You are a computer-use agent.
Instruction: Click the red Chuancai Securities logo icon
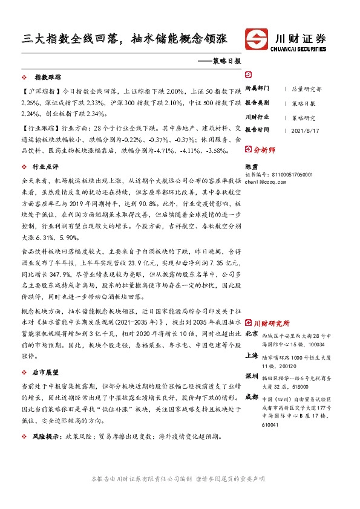coord(257,40)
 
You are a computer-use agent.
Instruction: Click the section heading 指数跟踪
coord(48,78)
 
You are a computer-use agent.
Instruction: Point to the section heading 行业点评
coord(45,166)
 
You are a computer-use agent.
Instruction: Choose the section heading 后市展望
coord(45,372)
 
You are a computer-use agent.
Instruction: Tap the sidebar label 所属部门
coord(258,88)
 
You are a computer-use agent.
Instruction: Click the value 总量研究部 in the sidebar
coord(307,89)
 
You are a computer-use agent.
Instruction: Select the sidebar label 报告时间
coord(258,129)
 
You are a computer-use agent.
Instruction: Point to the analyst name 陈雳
coord(251,165)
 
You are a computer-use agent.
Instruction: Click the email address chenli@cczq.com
coord(269,180)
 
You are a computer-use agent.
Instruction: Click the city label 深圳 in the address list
coord(252,376)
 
